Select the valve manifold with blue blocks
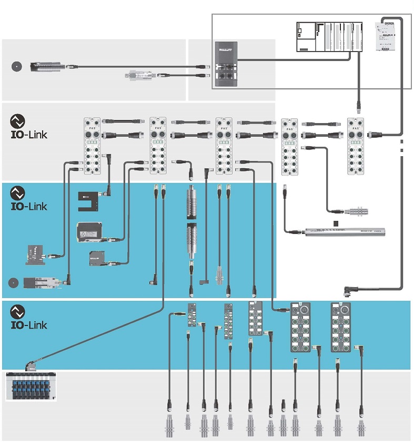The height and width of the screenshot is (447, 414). click(x=30, y=387)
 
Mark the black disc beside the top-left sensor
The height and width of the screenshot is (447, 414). click(x=17, y=66)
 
